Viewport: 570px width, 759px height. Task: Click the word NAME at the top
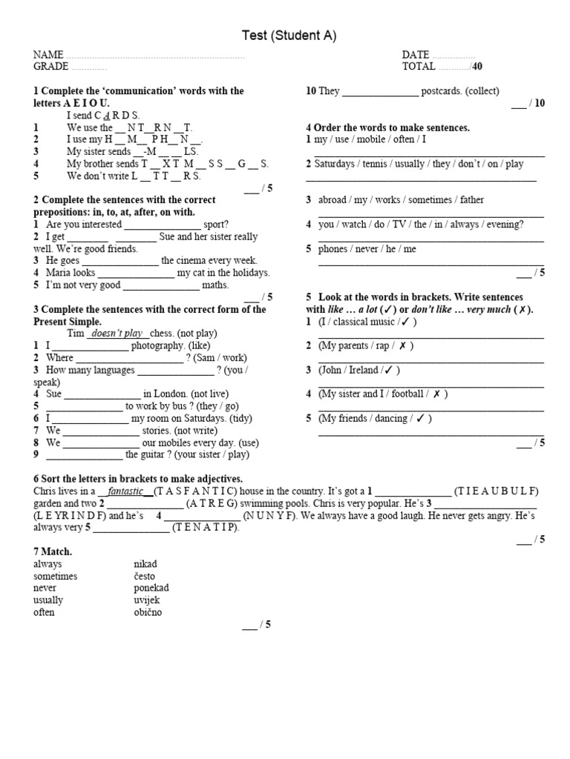(x=48, y=55)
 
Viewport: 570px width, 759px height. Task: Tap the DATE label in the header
(x=416, y=55)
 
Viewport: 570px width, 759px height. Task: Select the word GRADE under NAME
(x=51, y=67)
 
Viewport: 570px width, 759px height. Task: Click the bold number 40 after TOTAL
(x=477, y=67)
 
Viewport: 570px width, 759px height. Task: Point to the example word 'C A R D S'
(x=117, y=116)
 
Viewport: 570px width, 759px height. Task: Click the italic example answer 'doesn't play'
(x=117, y=334)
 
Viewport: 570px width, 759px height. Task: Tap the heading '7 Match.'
(x=53, y=552)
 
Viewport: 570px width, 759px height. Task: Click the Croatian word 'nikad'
(x=145, y=564)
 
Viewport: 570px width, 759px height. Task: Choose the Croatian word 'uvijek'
(x=147, y=600)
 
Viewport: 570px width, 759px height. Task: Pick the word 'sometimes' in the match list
(x=55, y=576)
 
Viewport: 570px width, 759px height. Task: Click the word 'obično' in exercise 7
(x=148, y=612)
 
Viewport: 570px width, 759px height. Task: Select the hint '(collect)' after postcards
(x=476, y=91)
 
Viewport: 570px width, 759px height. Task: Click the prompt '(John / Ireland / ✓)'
(x=359, y=370)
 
